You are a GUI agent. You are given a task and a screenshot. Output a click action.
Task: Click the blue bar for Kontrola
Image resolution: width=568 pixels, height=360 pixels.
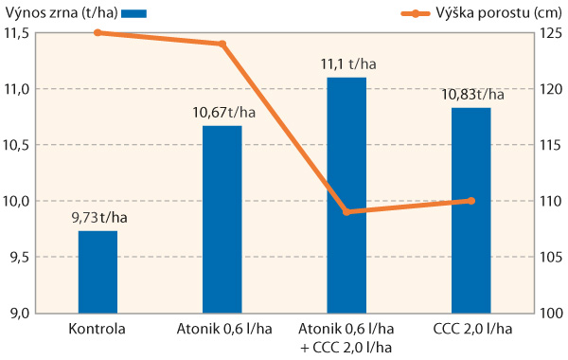pyautogui.click(x=98, y=272)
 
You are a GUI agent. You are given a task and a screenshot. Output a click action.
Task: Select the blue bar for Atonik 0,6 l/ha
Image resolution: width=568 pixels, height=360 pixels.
pyautogui.click(x=222, y=219)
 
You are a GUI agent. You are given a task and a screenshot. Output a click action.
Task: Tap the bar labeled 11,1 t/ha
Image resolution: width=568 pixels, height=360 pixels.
pyautogui.click(x=346, y=195)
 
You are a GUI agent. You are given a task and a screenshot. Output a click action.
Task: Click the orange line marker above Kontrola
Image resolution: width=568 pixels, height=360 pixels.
pyautogui.click(x=98, y=33)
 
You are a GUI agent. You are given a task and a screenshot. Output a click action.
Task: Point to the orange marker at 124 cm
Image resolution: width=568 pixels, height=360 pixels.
pyautogui.click(x=222, y=45)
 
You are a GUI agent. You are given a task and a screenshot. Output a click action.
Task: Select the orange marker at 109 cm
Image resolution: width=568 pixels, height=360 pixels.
pyautogui.click(x=346, y=212)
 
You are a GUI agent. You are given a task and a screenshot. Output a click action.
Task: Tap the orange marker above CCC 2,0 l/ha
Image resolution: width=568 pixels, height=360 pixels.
pyautogui.click(x=471, y=201)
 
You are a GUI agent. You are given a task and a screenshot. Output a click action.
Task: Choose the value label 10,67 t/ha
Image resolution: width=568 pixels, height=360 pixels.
pyautogui.click(x=223, y=113)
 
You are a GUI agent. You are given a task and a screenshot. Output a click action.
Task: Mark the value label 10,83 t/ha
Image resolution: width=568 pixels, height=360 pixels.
pyautogui.click(x=472, y=95)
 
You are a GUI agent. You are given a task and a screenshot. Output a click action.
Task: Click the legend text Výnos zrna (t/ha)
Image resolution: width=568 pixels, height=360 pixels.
pyautogui.click(x=58, y=13)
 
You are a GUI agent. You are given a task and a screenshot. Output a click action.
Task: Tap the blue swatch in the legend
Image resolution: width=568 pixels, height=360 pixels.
pyautogui.click(x=135, y=14)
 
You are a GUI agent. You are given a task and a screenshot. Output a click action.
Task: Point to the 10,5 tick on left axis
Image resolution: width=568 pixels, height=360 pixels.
pyautogui.click(x=18, y=145)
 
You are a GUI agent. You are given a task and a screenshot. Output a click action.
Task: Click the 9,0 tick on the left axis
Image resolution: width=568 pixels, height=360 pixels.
pyautogui.click(x=20, y=314)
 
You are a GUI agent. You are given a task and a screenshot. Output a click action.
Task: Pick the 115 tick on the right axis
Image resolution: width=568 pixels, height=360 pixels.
pyautogui.click(x=552, y=145)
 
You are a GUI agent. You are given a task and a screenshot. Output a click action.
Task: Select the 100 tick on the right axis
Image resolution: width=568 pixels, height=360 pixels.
pyautogui.click(x=552, y=314)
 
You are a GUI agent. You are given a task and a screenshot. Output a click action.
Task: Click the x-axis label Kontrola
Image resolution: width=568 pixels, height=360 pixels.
pyautogui.click(x=98, y=330)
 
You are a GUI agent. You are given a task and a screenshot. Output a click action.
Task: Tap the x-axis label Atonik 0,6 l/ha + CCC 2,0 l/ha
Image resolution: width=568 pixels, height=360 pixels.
pyautogui.click(x=346, y=338)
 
